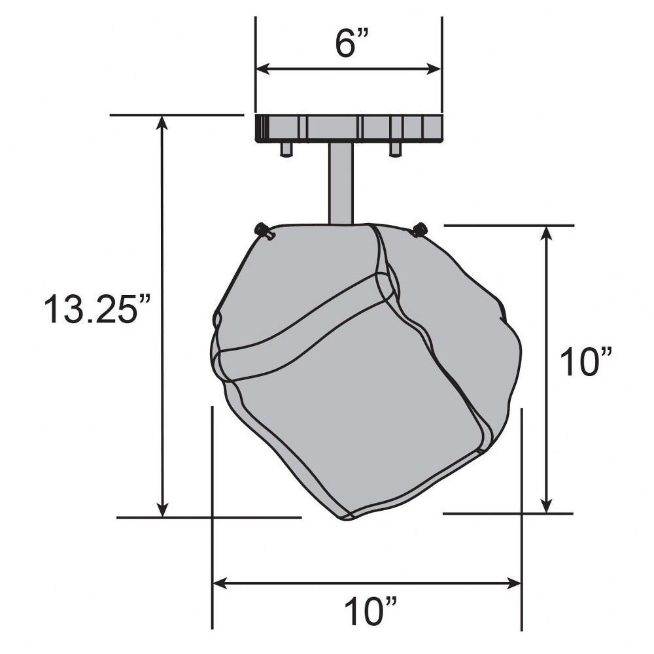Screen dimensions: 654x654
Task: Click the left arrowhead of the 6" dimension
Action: pyautogui.click(x=263, y=69)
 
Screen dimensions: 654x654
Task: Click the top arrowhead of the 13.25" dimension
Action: pyautogui.click(x=162, y=123)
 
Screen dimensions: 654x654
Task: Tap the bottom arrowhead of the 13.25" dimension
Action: pyautogui.click(x=162, y=509)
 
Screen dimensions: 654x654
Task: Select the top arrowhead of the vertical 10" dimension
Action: pyautogui.click(x=546, y=233)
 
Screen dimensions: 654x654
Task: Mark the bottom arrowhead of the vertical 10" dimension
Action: pyautogui.click(x=546, y=506)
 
